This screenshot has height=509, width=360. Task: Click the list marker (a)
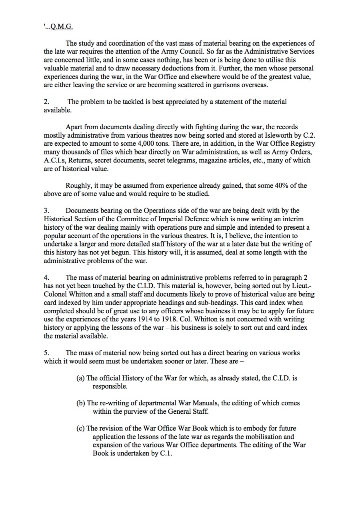point(80,378)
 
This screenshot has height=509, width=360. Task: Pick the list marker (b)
point(81,403)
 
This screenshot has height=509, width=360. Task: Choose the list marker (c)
point(80,428)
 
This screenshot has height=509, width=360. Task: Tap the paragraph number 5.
point(46,353)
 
